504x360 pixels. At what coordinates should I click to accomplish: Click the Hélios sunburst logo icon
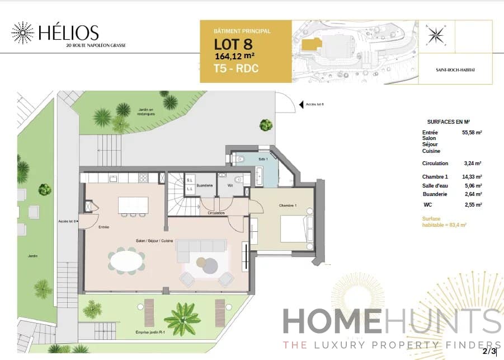click(22, 33)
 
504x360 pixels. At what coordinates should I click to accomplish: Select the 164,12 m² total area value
click(235, 56)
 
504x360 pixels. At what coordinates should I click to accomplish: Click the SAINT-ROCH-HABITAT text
click(455, 71)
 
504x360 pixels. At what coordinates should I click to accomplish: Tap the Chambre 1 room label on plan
click(288, 205)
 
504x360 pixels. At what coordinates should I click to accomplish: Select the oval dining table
click(126, 261)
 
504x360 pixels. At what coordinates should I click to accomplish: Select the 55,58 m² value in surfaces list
click(472, 133)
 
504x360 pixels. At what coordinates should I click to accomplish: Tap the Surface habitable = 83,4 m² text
click(444, 221)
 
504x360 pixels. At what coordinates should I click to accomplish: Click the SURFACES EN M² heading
click(448, 121)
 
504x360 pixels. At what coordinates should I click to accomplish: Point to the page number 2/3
click(490, 351)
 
